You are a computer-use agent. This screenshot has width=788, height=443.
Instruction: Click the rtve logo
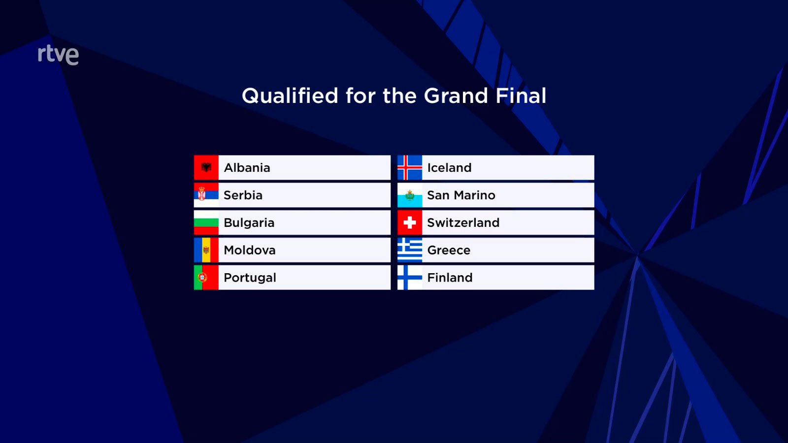58,55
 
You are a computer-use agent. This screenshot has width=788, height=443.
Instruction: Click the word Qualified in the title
290,95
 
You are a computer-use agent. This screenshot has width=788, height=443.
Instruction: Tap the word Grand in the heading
456,95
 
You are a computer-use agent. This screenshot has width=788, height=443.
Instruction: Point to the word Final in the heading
521,95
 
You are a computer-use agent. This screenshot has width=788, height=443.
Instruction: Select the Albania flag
206,168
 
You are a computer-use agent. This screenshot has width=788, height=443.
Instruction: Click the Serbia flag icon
206,195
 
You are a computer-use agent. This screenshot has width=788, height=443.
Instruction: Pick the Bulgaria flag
206,223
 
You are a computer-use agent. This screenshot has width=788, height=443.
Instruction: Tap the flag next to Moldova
206,250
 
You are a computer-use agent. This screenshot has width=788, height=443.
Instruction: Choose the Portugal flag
206,278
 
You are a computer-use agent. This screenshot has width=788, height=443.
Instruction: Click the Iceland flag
410,168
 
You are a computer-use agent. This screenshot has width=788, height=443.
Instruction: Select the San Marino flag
410,195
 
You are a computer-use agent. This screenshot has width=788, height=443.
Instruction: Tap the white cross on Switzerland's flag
410,223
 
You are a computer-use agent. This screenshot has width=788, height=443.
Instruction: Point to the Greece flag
410,250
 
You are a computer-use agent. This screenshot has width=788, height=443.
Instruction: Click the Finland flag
410,278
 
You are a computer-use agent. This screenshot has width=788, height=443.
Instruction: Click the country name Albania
247,168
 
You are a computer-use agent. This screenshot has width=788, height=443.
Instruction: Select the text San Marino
461,195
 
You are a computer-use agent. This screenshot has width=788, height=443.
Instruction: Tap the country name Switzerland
463,223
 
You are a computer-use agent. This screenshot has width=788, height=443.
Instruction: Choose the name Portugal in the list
250,278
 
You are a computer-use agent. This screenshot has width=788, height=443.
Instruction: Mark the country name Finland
450,278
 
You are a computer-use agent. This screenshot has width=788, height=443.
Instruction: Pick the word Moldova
249,250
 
